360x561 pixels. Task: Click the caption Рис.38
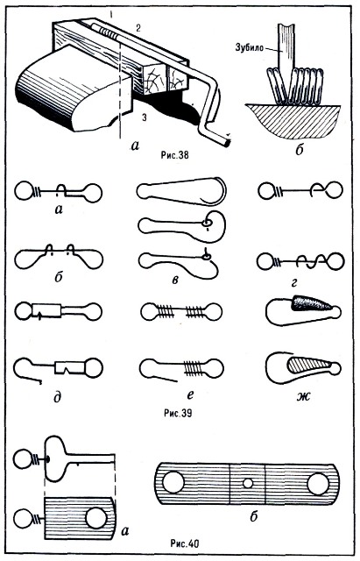click(174, 155)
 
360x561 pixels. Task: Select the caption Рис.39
click(178, 413)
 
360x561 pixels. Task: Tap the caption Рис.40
click(184, 544)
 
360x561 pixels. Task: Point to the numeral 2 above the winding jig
click(138, 29)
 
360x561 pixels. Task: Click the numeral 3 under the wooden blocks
click(144, 117)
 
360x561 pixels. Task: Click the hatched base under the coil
click(293, 120)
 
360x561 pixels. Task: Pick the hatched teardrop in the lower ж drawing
click(309, 364)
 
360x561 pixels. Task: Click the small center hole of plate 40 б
click(248, 484)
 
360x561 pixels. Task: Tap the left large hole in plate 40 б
click(173, 482)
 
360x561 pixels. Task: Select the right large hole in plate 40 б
click(318, 484)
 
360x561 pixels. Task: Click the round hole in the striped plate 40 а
click(96, 518)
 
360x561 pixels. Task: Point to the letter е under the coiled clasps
click(190, 394)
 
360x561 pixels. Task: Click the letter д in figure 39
click(58, 397)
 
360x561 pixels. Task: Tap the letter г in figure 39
click(294, 282)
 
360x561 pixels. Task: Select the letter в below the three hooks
click(175, 280)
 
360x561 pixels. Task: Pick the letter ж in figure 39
click(304, 396)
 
